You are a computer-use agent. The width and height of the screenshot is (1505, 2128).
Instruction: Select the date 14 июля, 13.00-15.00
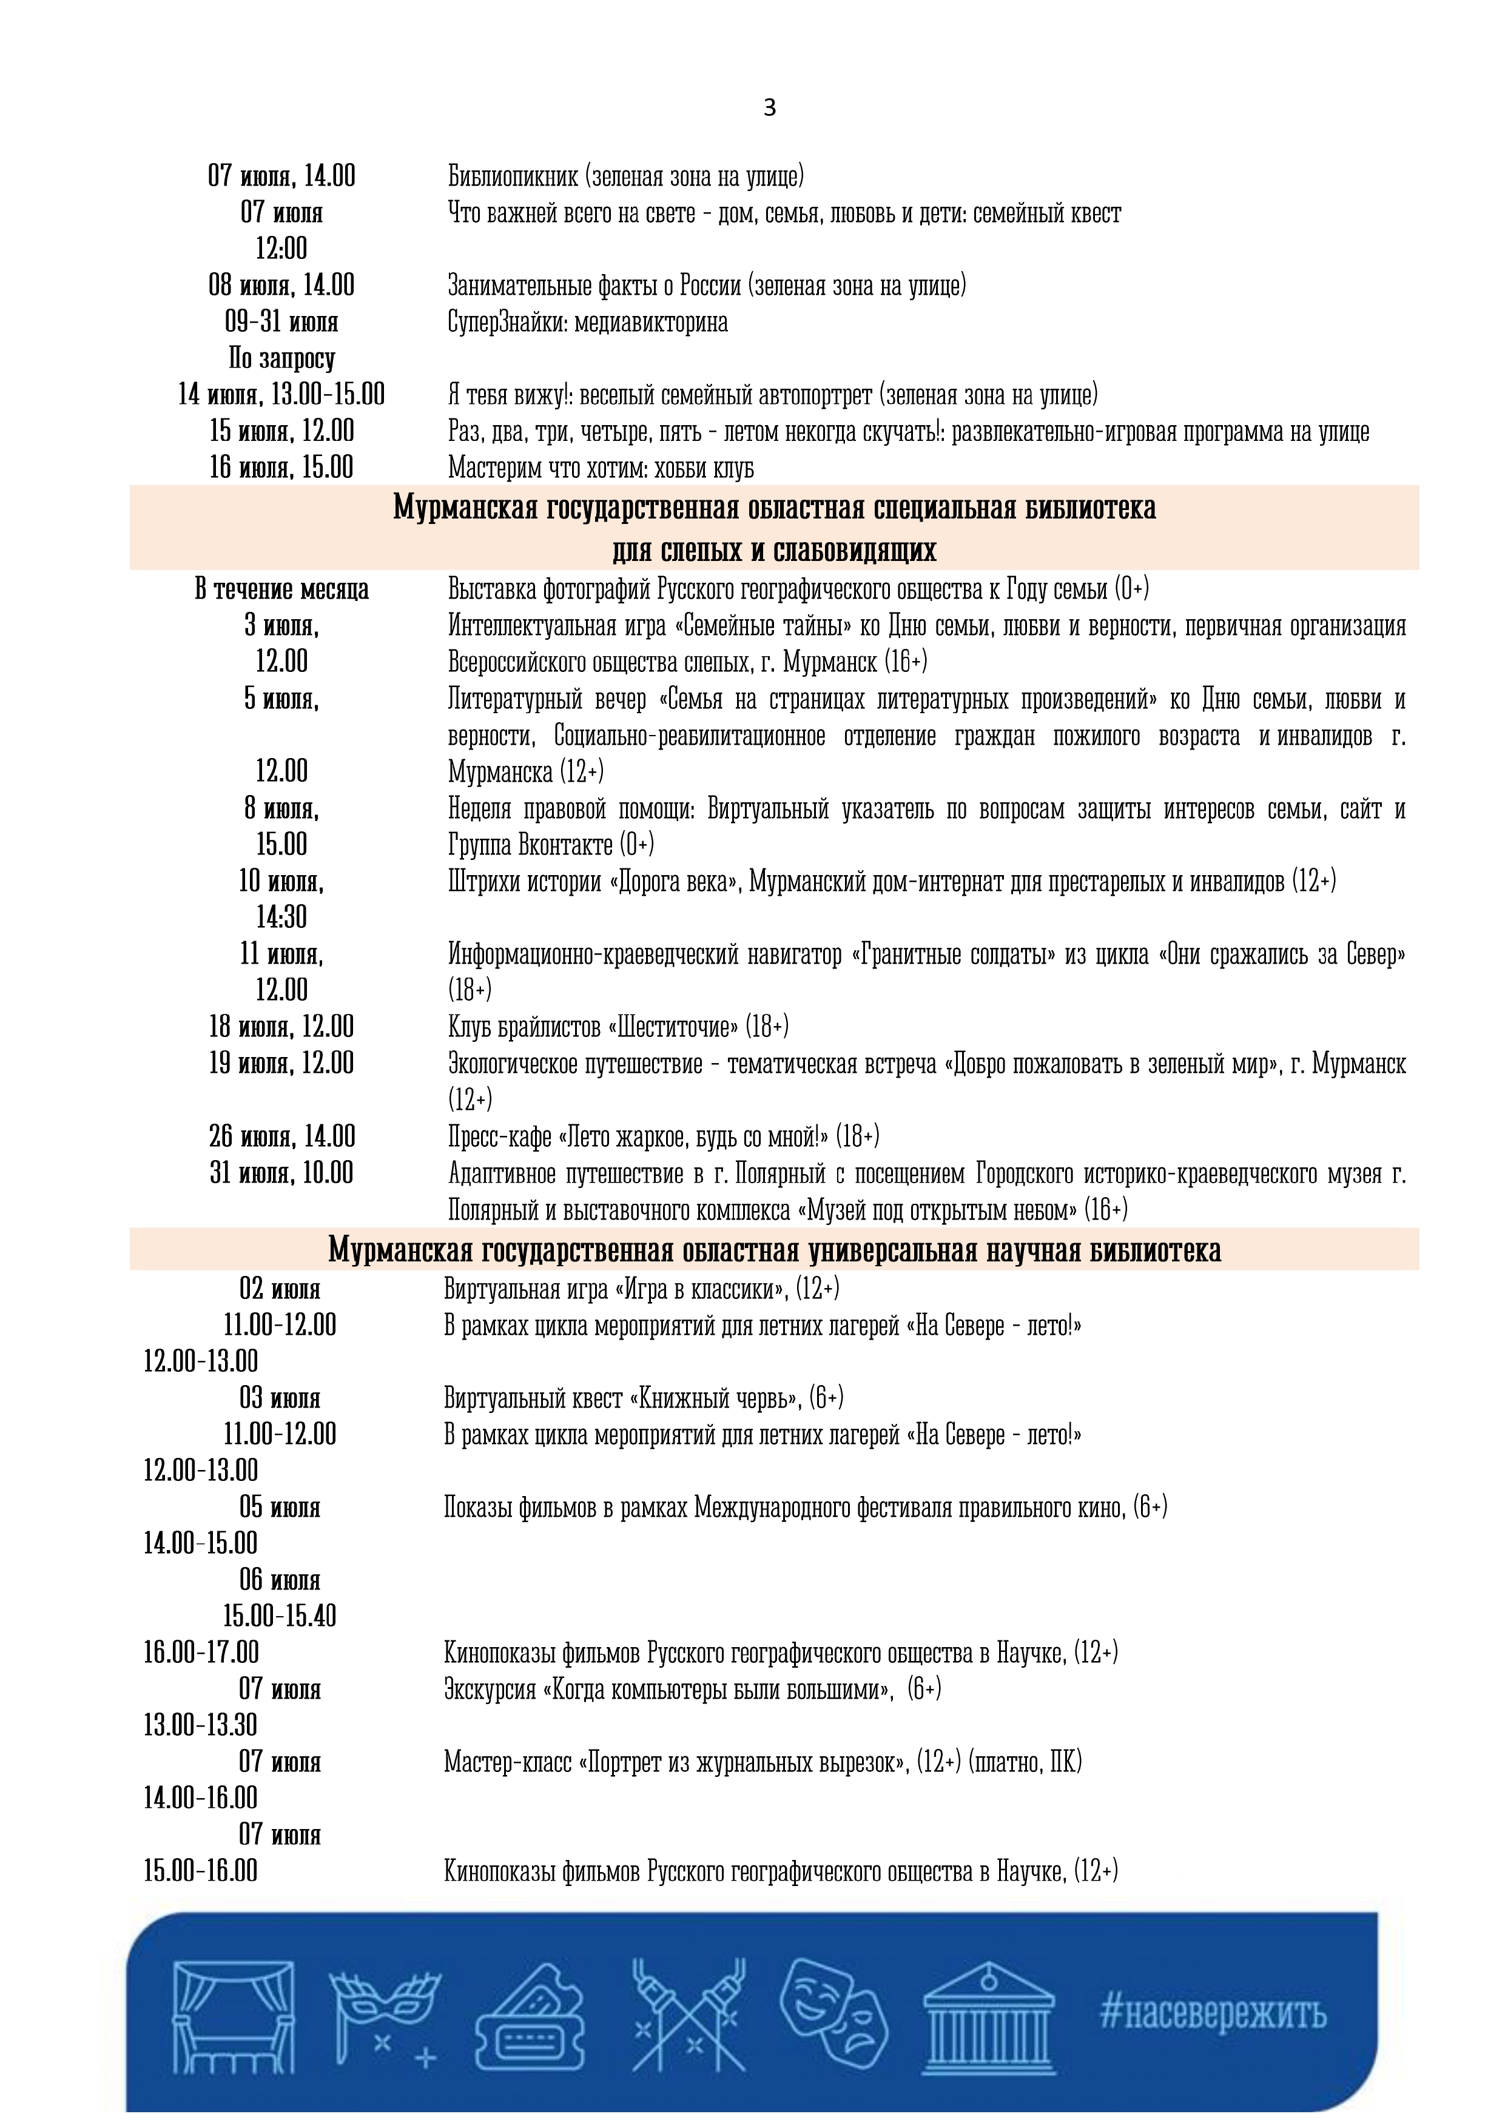click(281, 395)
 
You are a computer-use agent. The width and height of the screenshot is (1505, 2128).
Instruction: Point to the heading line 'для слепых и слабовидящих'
click(773, 551)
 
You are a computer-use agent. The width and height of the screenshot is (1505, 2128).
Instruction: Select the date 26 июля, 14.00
click(281, 1136)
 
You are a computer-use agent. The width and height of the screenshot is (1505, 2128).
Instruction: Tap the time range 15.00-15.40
click(279, 1616)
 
